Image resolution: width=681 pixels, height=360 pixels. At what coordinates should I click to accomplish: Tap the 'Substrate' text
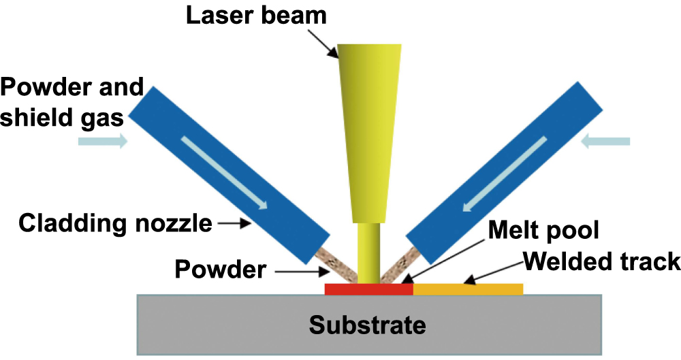pyautogui.click(x=368, y=324)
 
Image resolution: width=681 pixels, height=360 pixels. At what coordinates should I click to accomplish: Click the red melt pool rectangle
pyautogui.click(x=368, y=289)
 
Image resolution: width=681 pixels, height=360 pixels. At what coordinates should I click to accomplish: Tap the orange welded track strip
pyautogui.click(x=468, y=289)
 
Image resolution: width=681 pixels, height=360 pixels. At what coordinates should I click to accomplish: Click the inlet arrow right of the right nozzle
pyautogui.click(x=607, y=142)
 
